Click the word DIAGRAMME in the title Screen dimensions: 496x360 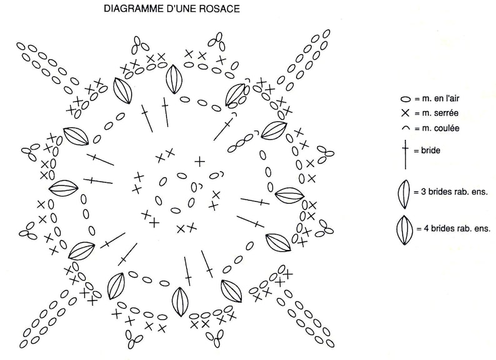tap(134, 9)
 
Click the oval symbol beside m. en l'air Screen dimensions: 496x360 tap(405, 99)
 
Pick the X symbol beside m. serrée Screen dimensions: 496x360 tap(405, 113)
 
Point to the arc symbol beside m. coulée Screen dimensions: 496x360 tap(405, 128)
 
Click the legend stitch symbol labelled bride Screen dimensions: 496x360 tap(405, 154)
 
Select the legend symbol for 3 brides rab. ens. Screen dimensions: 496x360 tap(404, 194)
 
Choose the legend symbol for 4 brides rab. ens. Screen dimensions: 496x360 tap(404, 230)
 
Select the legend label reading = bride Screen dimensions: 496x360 tap(427, 150)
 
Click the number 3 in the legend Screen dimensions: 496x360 tap(424, 191)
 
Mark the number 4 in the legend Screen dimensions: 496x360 tap(426, 228)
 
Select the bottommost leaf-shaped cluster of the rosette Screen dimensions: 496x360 tap(180, 302)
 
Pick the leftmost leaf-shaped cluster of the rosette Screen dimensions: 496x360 tap(64, 188)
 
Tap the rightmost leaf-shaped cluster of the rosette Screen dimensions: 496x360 tap(289, 196)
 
